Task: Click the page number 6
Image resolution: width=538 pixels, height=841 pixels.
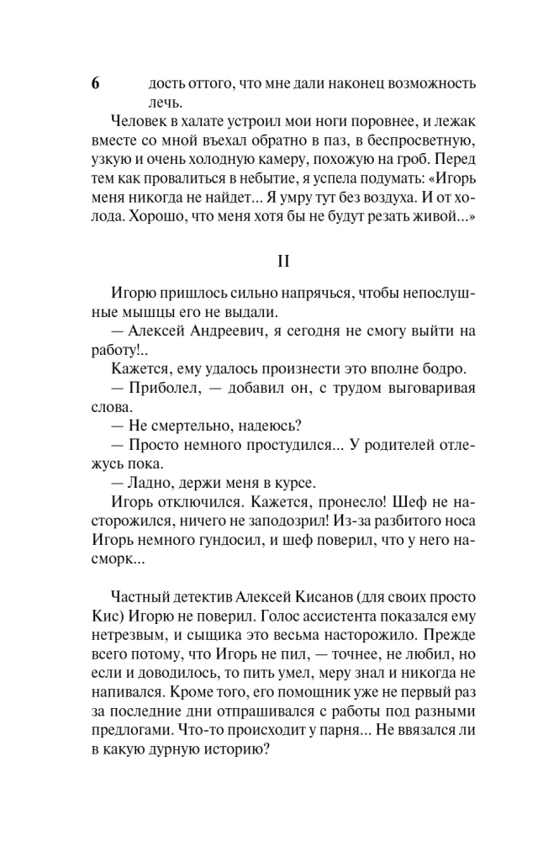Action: (95, 84)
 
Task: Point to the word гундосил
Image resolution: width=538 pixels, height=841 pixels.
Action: (251, 535)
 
